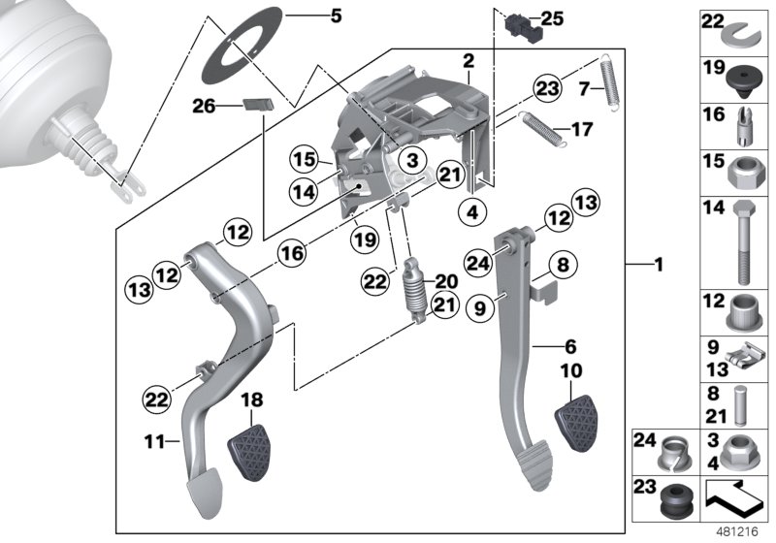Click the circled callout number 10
[571, 371]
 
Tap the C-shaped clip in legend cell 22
[745, 34]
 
